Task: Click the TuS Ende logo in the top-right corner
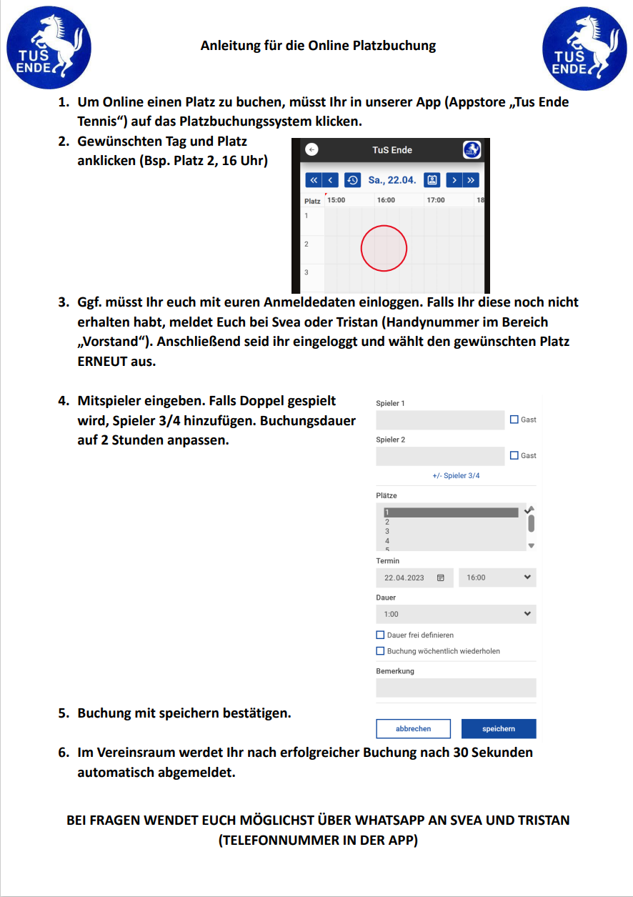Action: click(x=584, y=46)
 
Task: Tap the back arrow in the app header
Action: click(x=311, y=150)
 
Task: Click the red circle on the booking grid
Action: click(x=384, y=249)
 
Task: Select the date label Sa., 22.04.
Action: click(x=392, y=180)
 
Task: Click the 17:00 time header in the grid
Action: click(x=435, y=200)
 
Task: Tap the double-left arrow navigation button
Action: click(x=313, y=180)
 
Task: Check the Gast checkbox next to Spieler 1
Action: click(x=514, y=420)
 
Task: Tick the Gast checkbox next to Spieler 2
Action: click(x=514, y=455)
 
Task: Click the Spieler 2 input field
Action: click(x=440, y=456)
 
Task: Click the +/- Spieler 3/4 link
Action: click(x=456, y=475)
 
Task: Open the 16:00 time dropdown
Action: click(x=497, y=578)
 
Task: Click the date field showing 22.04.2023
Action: click(x=414, y=578)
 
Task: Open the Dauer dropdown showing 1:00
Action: click(x=456, y=614)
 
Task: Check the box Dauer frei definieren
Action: click(x=381, y=635)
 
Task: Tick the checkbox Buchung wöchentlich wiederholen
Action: click(x=381, y=651)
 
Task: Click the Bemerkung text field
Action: click(x=456, y=688)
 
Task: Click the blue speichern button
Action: click(x=499, y=728)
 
